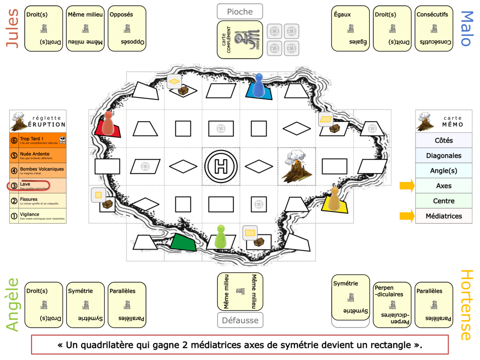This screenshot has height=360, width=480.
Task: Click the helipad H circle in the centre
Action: [x=221, y=166]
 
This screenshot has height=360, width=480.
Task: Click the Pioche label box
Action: [x=240, y=12]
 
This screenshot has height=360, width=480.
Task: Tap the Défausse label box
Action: [x=240, y=320]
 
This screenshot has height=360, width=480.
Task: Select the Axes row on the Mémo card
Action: [x=444, y=186]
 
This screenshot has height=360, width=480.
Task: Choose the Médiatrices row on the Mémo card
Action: [x=444, y=216]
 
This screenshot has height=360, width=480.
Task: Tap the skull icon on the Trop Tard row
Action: [x=62, y=140]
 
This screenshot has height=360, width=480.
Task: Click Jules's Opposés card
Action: [x=127, y=28]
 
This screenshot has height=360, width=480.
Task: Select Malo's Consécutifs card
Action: [x=434, y=28]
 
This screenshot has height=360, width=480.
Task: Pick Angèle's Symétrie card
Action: [x=85, y=305]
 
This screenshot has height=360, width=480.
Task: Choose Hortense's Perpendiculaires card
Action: [x=392, y=305]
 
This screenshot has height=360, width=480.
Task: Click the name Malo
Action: [x=467, y=28]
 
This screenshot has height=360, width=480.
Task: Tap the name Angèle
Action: [x=13, y=305]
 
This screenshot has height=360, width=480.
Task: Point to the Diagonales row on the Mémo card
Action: [x=444, y=156]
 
